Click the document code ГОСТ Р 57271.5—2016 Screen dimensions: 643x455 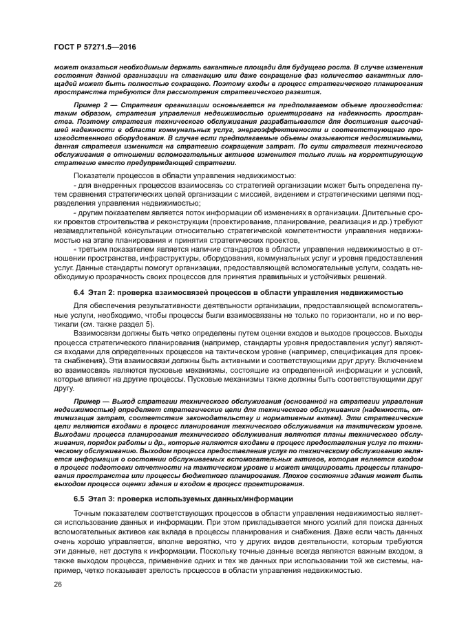coord(94,45)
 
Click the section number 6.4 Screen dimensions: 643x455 coord(79,293)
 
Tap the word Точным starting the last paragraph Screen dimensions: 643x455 coord(88,513)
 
